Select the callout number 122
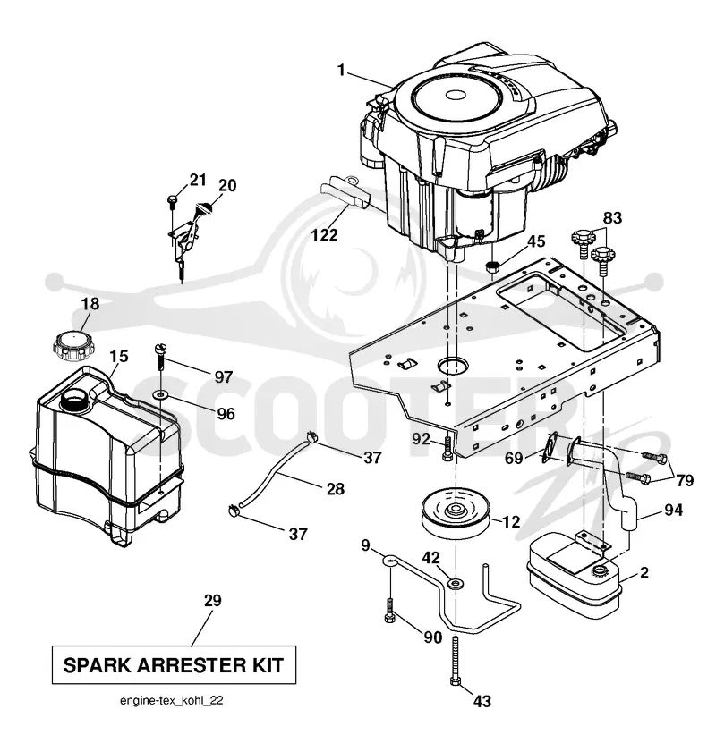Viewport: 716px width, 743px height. pos(324,235)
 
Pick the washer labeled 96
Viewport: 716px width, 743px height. pos(161,393)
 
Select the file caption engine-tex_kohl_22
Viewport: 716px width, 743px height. pos(172,700)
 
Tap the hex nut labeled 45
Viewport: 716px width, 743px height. pos(493,266)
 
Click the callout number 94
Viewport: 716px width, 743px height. pos(673,510)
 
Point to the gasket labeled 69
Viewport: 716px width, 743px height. pos(548,447)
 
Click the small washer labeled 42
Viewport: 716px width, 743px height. pos(456,582)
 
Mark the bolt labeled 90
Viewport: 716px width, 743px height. pos(389,611)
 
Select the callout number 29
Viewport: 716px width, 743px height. pos(212,600)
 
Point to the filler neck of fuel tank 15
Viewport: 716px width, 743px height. pos(75,401)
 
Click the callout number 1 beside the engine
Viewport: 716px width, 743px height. pos(341,70)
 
